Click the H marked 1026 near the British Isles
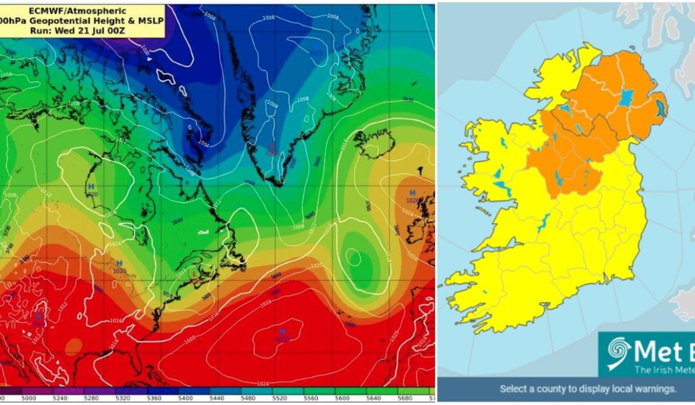pyautogui.click(x=413, y=193)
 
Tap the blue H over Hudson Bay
pyautogui.click(x=91, y=186)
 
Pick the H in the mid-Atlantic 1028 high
pyautogui.click(x=283, y=332)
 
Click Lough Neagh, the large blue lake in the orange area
pyautogui.click(x=626, y=97)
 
